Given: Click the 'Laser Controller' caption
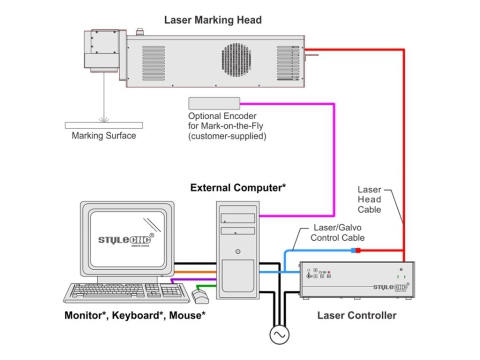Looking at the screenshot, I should [x=355, y=316].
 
